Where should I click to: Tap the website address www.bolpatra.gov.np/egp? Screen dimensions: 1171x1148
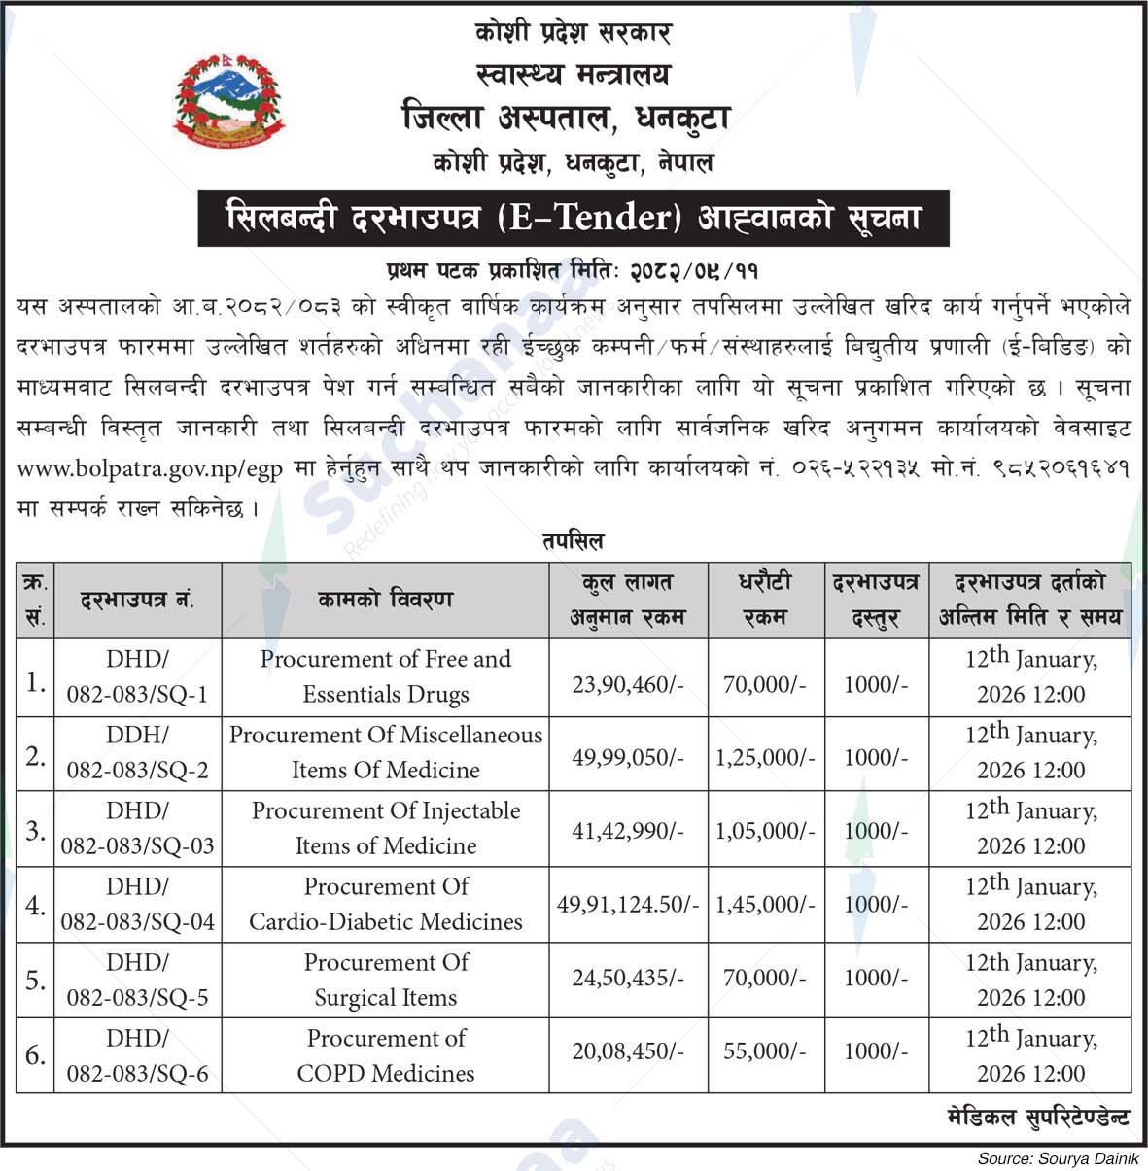150,468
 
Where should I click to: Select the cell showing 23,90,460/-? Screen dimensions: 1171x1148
627,684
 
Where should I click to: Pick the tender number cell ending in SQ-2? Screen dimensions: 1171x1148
137,753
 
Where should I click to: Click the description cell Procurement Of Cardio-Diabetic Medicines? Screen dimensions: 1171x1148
386,904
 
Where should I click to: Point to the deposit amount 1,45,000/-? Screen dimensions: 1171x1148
765,905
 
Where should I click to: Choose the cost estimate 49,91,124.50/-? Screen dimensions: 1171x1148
627,905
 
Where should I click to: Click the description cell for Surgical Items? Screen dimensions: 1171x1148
386,980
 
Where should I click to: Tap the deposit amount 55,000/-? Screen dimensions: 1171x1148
765,1051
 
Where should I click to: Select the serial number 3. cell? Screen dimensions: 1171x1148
35,830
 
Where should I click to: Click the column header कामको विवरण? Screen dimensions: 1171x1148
385,600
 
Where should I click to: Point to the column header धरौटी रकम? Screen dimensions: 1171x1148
765,600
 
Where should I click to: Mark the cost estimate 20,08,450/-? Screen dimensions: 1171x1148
627,1051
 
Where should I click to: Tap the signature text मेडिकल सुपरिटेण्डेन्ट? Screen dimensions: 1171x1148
1037,1117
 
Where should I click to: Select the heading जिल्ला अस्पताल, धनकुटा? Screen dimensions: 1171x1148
566,119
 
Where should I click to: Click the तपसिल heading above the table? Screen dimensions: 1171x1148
573,540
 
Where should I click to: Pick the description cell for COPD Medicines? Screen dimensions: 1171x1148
386,1055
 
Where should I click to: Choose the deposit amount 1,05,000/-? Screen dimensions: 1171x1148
765,830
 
